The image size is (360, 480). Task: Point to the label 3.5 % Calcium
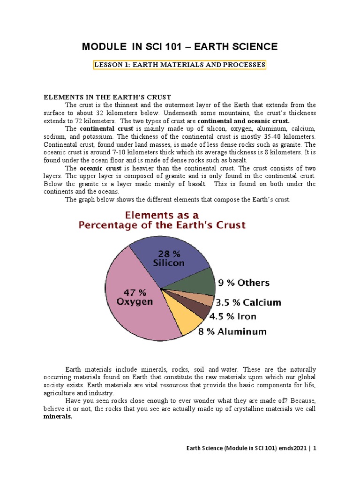point(248,302)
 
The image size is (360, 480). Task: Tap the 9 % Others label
point(243,283)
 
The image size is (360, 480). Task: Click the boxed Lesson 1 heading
point(180,65)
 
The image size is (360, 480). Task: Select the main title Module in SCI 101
point(180,46)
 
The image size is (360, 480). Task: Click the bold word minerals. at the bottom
point(58,416)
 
